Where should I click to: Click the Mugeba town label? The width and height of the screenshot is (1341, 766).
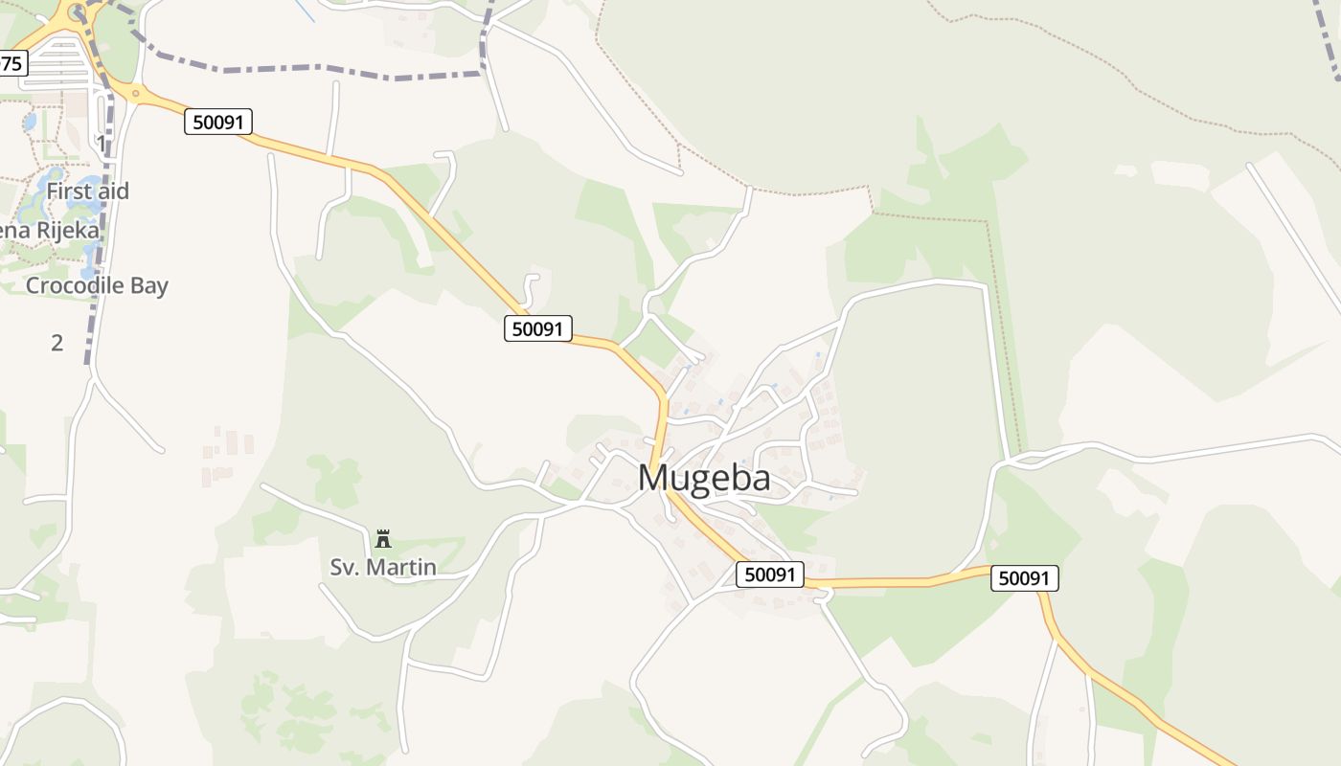tap(704, 477)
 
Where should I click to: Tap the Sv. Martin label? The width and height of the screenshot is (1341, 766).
tap(383, 567)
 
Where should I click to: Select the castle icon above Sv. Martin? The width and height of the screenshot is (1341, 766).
tap(383, 538)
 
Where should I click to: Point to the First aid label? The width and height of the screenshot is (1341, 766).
tap(87, 191)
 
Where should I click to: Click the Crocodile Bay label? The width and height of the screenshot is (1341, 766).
tap(97, 285)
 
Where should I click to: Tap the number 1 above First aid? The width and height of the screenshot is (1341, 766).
tap(102, 144)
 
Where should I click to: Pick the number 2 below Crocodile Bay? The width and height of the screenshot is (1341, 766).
tap(57, 342)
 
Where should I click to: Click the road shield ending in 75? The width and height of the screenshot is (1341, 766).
tap(12, 64)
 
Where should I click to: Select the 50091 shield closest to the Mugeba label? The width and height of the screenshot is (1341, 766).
tap(770, 574)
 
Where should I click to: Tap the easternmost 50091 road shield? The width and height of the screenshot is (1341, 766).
tap(1024, 577)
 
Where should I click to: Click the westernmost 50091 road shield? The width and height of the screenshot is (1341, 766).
tap(218, 122)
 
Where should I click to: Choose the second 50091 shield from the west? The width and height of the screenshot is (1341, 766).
tap(537, 328)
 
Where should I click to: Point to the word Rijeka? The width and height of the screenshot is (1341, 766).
tap(69, 231)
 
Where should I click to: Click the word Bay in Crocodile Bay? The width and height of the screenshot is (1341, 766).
tap(149, 285)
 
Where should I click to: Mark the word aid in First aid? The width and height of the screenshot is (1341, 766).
tap(111, 191)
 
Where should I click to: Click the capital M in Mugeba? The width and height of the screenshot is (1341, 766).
tap(654, 477)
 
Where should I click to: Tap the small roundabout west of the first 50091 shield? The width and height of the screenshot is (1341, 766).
tap(135, 93)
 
